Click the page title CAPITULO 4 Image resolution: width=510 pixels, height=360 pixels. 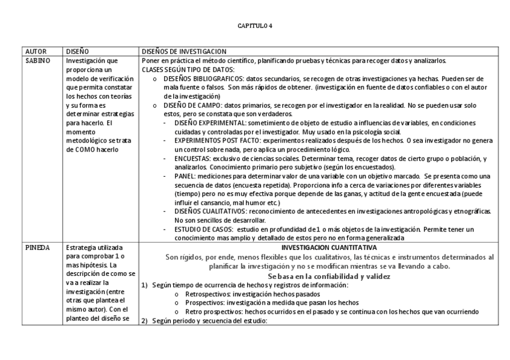tap(255, 26)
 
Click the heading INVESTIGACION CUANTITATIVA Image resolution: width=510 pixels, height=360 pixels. tap(328, 247)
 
